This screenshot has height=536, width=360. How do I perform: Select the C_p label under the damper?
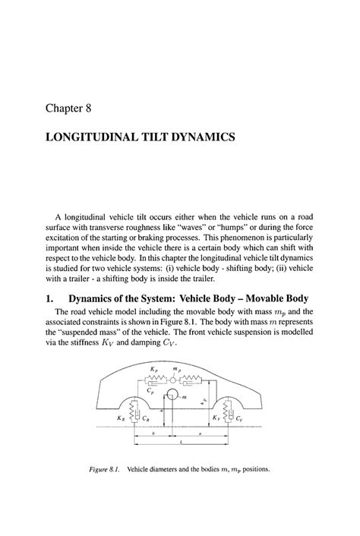pos(152,393)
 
